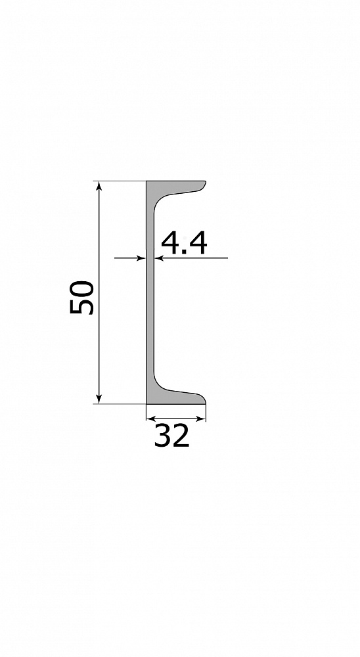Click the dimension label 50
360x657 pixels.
pyautogui.click(x=82, y=297)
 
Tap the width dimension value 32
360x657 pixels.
pyautogui.click(x=172, y=436)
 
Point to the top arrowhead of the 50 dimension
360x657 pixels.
pyautogui.click(x=99, y=186)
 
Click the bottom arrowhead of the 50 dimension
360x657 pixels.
pyautogui.click(x=99, y=399)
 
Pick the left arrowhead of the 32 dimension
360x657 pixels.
pyautogui.click(x=151, y=418)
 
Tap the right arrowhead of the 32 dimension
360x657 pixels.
pyautogui.click(x=201, y=418)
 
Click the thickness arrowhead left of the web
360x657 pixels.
pyautogui.click(x=141, y=258)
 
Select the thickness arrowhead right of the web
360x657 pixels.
pyautogui.click(x=159, y=258)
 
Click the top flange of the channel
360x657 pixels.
pyautogui.click(x=176, y=187)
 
